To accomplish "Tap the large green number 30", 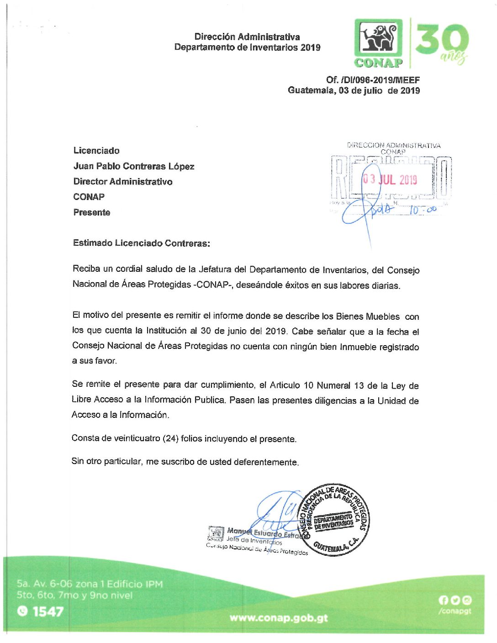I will click(442, 40).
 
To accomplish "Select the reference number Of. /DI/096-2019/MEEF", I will click(372, 80).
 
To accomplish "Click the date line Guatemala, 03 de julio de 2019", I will click(354, 90).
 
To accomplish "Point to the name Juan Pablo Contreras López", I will click(134, 166).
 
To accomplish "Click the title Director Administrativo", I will click(123, 182).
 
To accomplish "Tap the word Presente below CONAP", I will click(92, 212).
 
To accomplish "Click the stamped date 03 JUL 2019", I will click(390, 179).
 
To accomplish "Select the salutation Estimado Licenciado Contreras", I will click(141, 243).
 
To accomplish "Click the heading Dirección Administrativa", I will click(247, 37).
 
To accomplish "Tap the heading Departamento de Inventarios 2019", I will click(247, 47).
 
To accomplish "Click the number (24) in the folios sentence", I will click(170, 438).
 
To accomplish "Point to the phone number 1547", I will click(48, 611).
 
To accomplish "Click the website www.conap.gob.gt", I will click(279, 618).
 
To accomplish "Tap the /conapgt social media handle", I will click(455, 611).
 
